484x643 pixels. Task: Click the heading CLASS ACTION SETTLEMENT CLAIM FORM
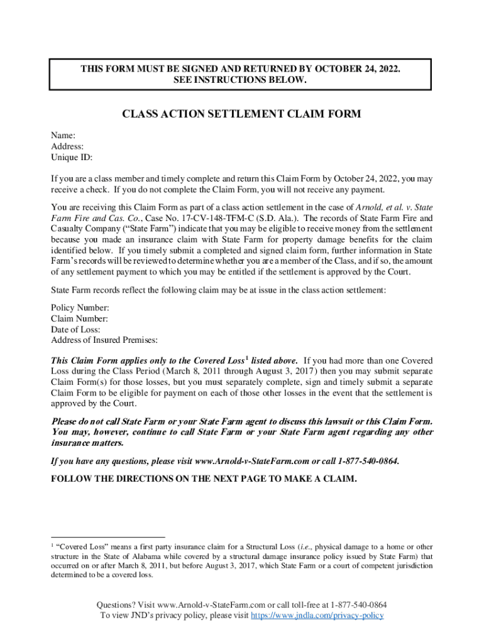[x=241, y=114]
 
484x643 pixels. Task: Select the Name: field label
[x=63, y=135]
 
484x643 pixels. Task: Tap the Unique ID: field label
[x=72, y=158]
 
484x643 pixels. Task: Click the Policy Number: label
[x=80, y=307]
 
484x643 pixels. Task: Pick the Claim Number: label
[x=79, y=318]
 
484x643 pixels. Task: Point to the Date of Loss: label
[x=75, y=329]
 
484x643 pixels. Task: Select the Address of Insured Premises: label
[x=104, y=340]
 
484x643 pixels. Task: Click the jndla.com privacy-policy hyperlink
[x=317, y=615]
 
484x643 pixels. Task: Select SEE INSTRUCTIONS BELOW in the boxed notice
[x=241, y=80]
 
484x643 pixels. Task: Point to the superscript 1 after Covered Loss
[x=247, y=358]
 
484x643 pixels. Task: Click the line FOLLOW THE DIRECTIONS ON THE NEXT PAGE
[x=204, y=478]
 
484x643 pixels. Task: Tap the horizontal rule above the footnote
[x=107, y=538]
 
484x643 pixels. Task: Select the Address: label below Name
[x=67, y=146]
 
